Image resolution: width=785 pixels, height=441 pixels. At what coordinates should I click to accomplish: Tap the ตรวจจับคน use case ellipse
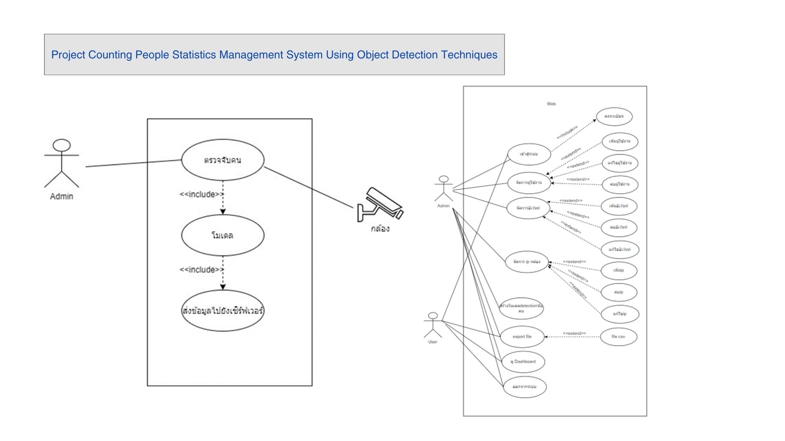[x=223, y=160]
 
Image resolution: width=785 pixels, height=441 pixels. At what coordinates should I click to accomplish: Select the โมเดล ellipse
[x=223, y=235]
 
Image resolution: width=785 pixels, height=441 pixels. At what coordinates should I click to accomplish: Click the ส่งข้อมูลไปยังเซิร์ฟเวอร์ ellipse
[x=223, y=311]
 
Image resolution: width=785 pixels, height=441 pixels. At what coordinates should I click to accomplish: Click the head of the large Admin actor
[x=62, y=145]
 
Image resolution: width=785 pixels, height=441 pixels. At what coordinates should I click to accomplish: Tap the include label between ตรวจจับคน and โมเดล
[x=201, y=194]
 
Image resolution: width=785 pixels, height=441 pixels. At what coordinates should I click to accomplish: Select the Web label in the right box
[x=551, y=104]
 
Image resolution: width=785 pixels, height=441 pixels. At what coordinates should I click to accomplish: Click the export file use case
[x=522, y=336]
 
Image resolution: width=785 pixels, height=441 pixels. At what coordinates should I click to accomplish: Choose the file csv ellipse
[x=618, y=336]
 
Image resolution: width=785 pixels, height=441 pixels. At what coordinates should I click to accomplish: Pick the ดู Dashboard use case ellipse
[x=523, y=361]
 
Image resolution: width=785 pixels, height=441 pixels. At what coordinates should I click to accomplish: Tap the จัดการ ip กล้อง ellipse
[x=527, y=262]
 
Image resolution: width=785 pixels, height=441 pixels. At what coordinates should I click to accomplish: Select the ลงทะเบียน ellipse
[x=614, y=116]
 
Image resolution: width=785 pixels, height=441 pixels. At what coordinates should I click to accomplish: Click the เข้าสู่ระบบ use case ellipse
[x=529, y=154]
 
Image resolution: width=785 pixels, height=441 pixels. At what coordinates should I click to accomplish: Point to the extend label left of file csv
[x=574, y=333]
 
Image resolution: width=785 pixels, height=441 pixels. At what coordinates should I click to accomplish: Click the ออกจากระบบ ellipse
[x=525, y=387]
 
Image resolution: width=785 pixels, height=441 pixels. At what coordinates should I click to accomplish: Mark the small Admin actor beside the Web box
[x=444, y=189]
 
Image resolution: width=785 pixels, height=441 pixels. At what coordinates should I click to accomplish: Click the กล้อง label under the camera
[x=380, y=229]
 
